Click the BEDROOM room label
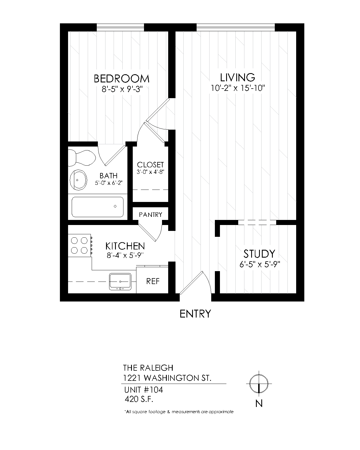pos(121,78)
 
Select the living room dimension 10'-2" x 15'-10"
pos(238,88)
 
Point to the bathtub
pos(97,207)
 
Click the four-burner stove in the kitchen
pos(79,245)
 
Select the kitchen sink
pos(120,281)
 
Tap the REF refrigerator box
pos(153,281)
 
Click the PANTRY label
pos(150,215)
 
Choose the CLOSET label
pos(150,165)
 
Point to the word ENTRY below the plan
pos(195,314)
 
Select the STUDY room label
pos(259,254)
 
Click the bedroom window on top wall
pos(120,27)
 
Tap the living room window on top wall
pos(235,27)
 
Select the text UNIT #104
pos(143,390)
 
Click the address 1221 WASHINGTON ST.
pos(167,378)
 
